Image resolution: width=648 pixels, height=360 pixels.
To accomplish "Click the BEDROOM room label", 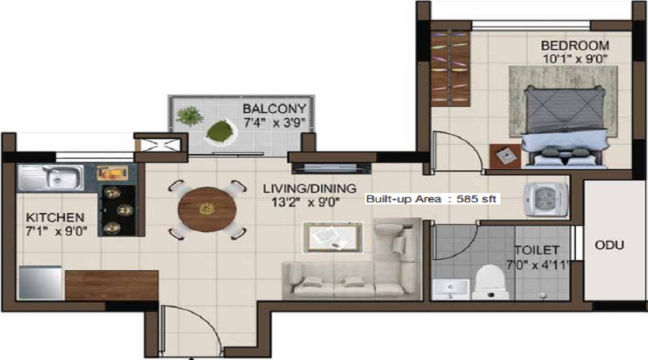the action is tap(575, 45).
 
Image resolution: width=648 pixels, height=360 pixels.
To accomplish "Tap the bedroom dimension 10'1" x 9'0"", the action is tap(575, 59).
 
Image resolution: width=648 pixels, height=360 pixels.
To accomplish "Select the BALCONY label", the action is tap(274, 109).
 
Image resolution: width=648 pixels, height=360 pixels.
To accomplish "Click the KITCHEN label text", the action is tap(55, 217).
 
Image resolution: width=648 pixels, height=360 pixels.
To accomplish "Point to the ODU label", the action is tap(609, 245).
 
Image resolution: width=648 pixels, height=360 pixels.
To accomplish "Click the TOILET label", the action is tap(536, 250).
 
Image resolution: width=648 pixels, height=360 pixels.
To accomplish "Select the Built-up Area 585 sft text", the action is tap(431, 199).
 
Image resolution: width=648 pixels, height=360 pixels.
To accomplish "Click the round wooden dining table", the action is tap(207, 210).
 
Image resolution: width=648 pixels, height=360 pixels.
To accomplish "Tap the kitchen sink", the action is tap(50, 178).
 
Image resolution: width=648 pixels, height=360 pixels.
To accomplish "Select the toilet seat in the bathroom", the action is tap(490, 283).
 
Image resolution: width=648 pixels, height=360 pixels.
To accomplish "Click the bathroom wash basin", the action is tap(451, 289).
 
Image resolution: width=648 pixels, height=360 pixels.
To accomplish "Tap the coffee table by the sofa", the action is tap(333, 238).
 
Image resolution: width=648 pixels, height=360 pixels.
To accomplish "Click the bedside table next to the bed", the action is tap(505, 156).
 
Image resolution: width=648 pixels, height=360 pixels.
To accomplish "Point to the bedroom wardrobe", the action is tap(451, 68).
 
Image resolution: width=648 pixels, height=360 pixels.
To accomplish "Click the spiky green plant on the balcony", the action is tap(189, 115).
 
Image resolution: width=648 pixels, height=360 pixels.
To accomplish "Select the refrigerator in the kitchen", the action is tap(40, 282).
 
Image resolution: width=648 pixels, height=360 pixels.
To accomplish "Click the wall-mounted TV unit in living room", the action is tap(331, 168).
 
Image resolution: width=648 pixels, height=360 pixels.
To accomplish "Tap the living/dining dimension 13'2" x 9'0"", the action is tap(305, 202).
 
